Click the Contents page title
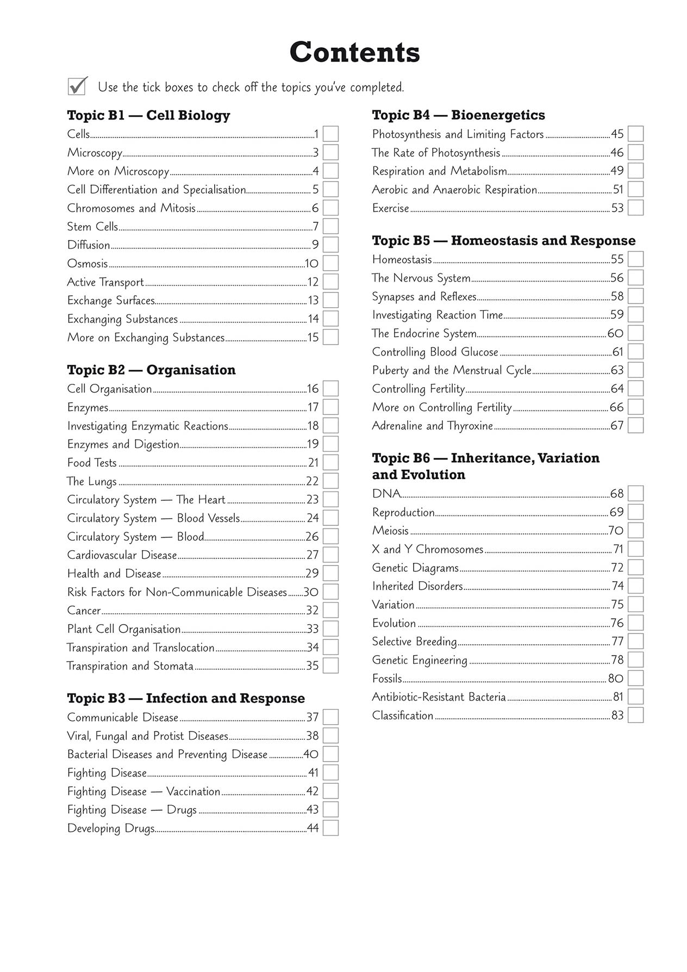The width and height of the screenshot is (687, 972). click(x=354, y=53)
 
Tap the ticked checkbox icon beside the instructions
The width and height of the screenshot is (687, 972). click(x=77, y=86)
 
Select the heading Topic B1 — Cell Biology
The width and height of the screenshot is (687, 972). click(x=148, y=115)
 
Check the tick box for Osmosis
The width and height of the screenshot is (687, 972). click(x=330, y=264)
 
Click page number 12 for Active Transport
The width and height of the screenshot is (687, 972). click(x=313, y=282)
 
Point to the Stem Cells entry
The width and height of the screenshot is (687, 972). click(x=92, y=227)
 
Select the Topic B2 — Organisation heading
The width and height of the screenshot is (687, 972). click(x=151, y=370)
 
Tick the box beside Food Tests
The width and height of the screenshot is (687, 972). click(x=330, y=463)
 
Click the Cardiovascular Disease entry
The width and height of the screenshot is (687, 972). click(x=122, y=555)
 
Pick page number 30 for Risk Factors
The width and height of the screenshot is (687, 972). click(x=311, y=592)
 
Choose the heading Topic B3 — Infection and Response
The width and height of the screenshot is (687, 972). click(x=186, y=699)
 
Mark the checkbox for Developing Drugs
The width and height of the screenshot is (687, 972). click(x=330, y=828)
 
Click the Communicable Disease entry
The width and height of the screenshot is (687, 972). click(x=123, y=718)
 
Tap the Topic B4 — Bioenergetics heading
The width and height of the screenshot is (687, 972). click(x=458, y=115)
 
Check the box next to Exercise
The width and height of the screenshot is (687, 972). click(x=635, y=208)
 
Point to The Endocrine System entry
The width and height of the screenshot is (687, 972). click(x=424, y=333)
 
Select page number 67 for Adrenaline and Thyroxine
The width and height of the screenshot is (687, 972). click(x=617, y=426)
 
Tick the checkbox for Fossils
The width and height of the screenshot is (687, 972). click(x=635, y=678)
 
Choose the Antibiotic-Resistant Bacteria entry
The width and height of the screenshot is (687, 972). click(x=439, y=697)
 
